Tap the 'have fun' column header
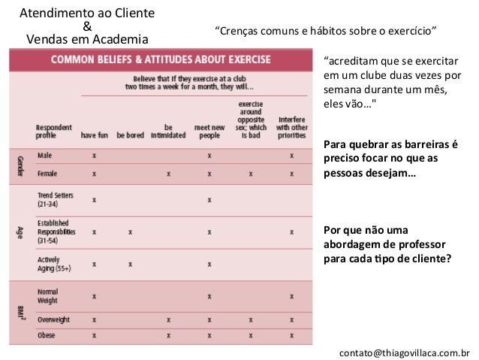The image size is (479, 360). [x=95, y=137]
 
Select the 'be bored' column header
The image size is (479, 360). [x=130, y=137]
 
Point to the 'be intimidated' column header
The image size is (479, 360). [x=168, y=132]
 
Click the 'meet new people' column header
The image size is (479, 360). [x=208, y=132]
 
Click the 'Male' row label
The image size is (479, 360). [x=44, y=156]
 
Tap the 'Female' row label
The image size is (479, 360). [x=47, y=173]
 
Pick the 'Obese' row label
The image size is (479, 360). [x=46, y=334]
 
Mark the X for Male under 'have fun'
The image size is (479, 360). [x=94, y=156]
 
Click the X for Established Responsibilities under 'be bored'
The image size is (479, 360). [x=130, y=232]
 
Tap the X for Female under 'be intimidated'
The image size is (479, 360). [x=168, y=173]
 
